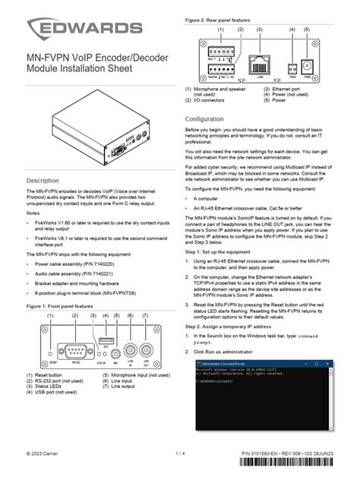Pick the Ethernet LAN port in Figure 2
260,61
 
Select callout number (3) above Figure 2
260,29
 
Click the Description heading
43,181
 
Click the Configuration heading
206,119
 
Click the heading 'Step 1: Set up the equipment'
229,250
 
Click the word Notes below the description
33,213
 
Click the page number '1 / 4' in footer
180,454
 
